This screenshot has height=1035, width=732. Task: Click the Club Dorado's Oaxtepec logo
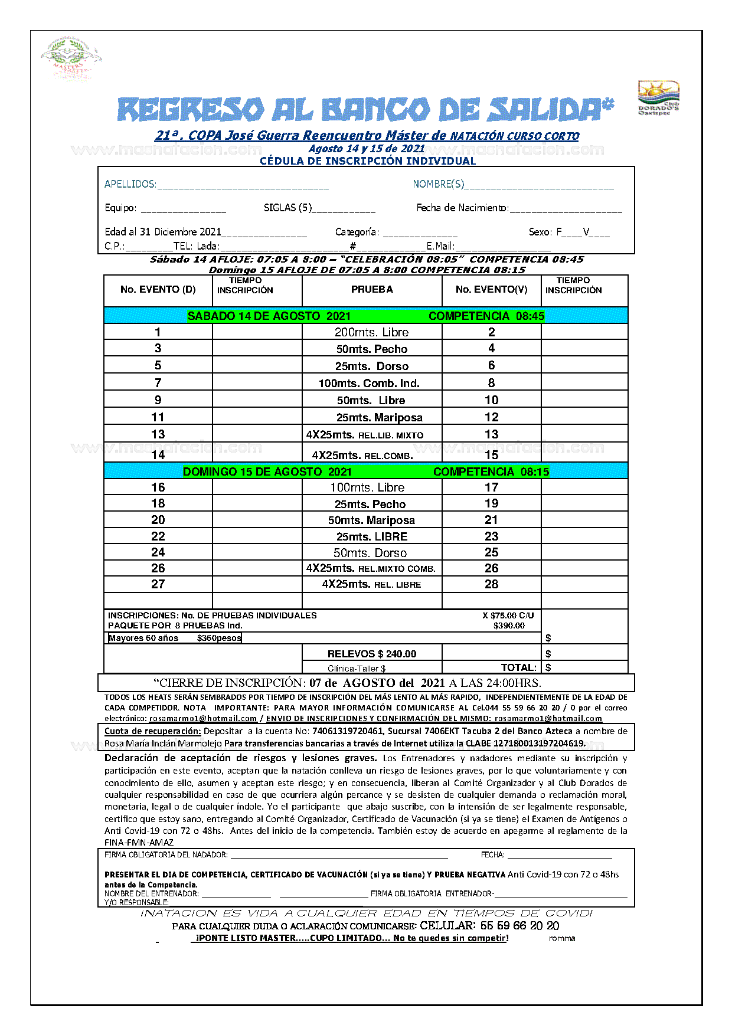point(658,98)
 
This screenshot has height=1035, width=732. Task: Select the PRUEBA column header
point(372,289)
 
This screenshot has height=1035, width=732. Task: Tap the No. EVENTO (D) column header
point(158,289)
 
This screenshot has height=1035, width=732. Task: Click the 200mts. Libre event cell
point(372,332)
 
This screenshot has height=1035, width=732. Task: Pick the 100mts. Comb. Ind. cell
point(369,383)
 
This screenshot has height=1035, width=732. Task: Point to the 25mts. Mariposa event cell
point(380,417)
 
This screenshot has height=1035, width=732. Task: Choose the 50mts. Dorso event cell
point(370,553)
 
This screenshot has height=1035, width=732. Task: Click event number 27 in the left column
point(158,584)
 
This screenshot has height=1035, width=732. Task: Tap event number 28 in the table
point(491,584)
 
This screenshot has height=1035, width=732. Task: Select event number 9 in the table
point(158,400)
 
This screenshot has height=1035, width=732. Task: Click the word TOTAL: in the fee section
point(519,667)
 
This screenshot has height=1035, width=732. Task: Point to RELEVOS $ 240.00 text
point(372,654)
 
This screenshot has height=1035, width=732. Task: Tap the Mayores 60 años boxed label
point(175,638)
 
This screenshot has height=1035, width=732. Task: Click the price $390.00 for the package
point(509,625)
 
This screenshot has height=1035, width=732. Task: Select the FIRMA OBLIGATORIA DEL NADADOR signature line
point(339,856)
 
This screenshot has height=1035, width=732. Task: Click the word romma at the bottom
point(561,938)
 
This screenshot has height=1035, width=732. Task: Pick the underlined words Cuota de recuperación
point(153,731)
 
